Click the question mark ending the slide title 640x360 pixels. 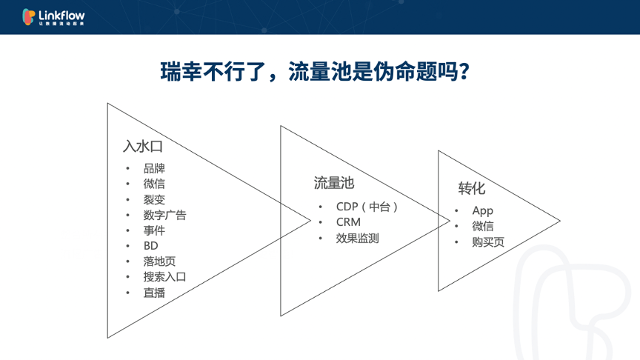pyautogui.click(x=464, y=72)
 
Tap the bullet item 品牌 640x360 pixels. pyautogui.click(x=154, y=168)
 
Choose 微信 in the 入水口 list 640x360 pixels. pyautogui.click(x=154, y=184)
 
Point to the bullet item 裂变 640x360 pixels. pyautogui.click(x=154, y=199)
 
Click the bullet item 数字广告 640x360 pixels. pyautogui.click(x=164, y=215)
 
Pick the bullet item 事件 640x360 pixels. pyautogui.click(x=154, y=230)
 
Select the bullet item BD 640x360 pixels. pyautogui.click(x=150, y=246)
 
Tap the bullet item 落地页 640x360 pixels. pyautogui.click(x=159, y=261)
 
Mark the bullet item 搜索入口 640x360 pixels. pyautogui.click(x=164, y=277)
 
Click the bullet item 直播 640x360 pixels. pyautogui.click(x=154, y=293)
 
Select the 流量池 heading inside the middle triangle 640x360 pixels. pyautogui.click(x=333, y=183)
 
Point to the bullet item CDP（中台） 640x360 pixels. pyautogui.click(x=367, y=207)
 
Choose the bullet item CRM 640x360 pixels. pyautogui.click(x=348, y=222)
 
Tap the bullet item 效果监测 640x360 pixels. pyautogui.click(x=357, y=238)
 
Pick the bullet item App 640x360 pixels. pyautogui.click(x=482, y=211)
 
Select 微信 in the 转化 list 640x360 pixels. pyautogui.click(x=483, y=227)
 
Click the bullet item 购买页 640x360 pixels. pyautogui.click(x=488, y=242)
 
